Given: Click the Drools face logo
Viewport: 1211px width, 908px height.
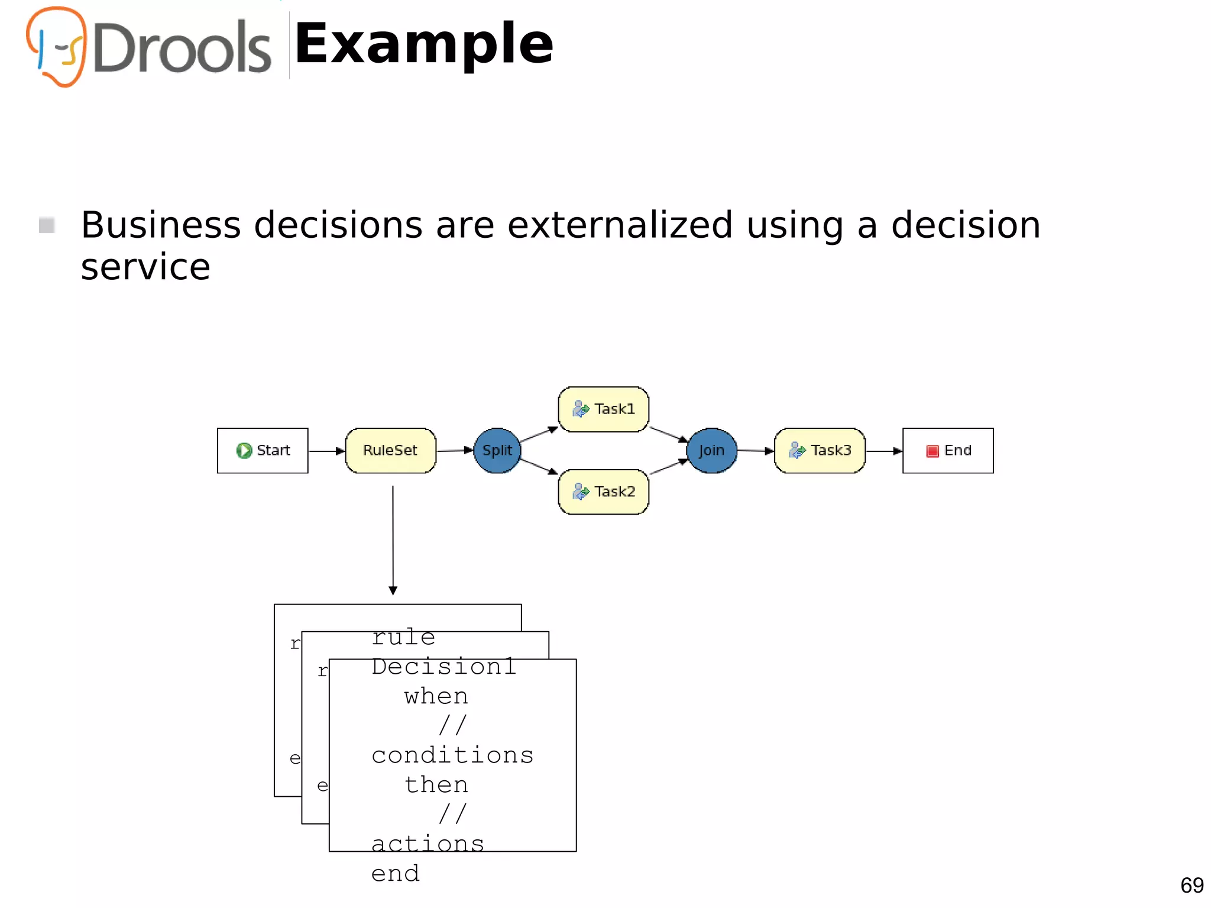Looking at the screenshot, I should coord(57,46).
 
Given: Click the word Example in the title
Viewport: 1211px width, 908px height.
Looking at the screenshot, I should coord(424,44).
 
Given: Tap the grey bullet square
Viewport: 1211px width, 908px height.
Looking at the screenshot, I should coord(47,225).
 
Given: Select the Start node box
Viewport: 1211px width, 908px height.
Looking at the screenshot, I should coord(263,451).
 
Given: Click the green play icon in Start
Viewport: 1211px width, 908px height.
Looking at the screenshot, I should coord(244,451).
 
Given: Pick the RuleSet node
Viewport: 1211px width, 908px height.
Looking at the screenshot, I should coord(390,451).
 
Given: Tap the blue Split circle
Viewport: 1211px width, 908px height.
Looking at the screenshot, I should coord(497,451).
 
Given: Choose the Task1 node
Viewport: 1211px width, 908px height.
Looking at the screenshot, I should coord(604,409).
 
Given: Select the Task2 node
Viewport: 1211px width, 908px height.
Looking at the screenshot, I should coord(604,492).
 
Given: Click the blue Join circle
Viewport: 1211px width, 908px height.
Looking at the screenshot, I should coord(711,451).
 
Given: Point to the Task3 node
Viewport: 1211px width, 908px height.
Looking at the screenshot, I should coord(820,451).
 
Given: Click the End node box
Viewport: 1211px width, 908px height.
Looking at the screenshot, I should coord(948,451).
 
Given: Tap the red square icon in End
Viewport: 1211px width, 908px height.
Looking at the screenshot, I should coord(932,451).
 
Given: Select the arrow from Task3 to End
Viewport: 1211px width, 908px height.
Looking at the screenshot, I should coord(884,451).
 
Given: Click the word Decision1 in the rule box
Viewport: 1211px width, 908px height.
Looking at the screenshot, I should coord(443,667).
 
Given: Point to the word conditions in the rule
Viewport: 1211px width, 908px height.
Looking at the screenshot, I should coord(452,755).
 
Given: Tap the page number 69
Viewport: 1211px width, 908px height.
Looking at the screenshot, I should coord(1191,886).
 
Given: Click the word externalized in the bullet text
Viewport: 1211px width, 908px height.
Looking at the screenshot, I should coord(620,225).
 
